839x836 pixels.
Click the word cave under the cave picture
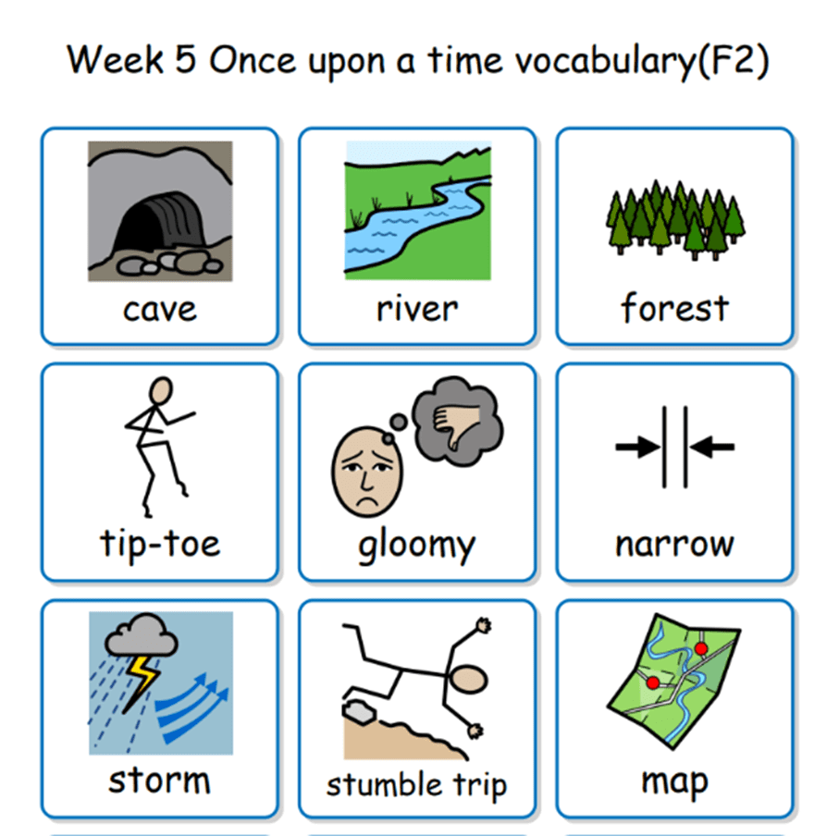pos(159,309)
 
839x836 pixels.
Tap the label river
pos(416,309)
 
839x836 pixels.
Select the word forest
pos(674,308)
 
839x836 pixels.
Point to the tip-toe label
pos(160,543)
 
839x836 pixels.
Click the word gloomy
pos(416,546)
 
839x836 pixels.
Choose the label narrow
pos(674,544)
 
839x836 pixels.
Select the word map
pos(674,781)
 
